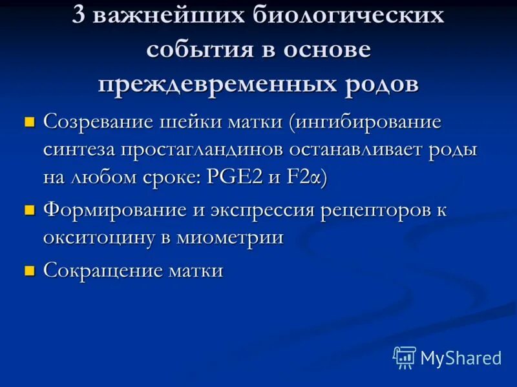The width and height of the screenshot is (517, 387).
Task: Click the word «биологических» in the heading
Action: coord(348,16)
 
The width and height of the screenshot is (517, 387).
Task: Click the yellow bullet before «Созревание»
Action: coord(28,121)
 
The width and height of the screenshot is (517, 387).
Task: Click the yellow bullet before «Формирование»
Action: coord(28,210)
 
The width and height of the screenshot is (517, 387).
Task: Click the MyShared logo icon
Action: coord(405,357)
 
